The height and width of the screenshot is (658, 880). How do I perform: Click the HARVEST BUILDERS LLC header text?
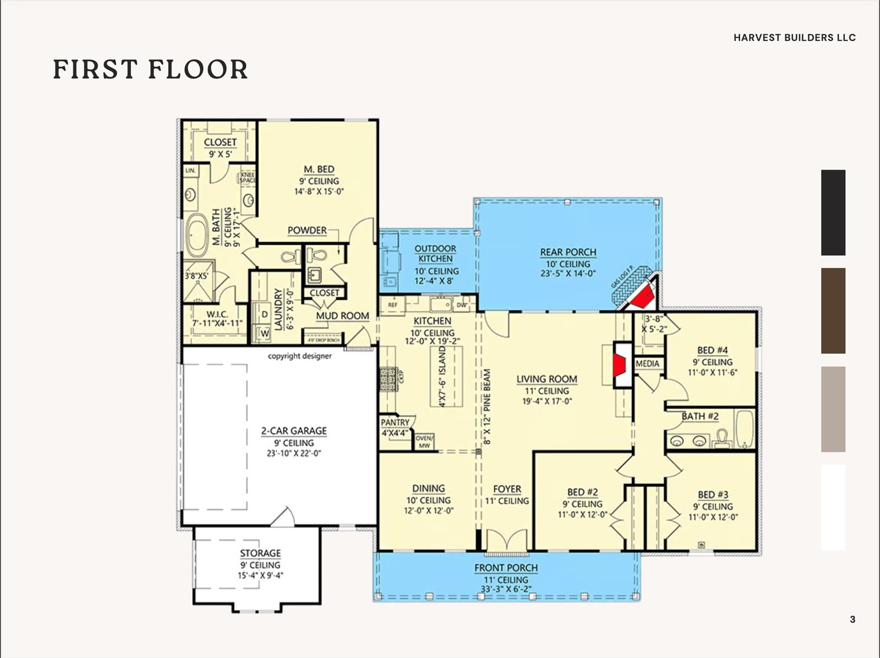tap(794, 38)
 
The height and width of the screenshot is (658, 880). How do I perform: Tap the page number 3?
tap(852, 619)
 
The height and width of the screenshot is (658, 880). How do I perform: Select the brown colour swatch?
tap(833, 311)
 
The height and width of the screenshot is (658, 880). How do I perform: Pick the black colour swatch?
tap(833, 212)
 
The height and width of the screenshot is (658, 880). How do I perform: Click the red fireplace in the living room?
tap(619, 365)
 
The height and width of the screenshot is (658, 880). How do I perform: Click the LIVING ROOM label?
tap(547, 379)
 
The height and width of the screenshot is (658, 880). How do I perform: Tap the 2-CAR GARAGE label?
tap(294, 431)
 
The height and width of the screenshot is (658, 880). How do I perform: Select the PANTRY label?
tap(395, 422)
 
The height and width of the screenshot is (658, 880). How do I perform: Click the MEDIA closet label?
tap(647, 364)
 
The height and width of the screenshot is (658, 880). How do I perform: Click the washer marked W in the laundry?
tap(264, 334)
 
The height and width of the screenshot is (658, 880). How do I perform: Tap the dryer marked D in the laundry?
tap(264, 314)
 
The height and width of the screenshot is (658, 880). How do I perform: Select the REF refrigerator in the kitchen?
tap(392, 305)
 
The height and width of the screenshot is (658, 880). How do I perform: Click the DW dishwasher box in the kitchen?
tap(461, 305)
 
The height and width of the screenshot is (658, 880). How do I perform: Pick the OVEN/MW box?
tap(424, 442)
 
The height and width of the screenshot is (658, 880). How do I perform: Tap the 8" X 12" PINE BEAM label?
tap(487, 407)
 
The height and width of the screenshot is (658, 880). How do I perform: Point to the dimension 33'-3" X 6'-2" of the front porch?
tap(506, 589)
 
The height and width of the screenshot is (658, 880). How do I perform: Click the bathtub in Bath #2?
tap(745, 429)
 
